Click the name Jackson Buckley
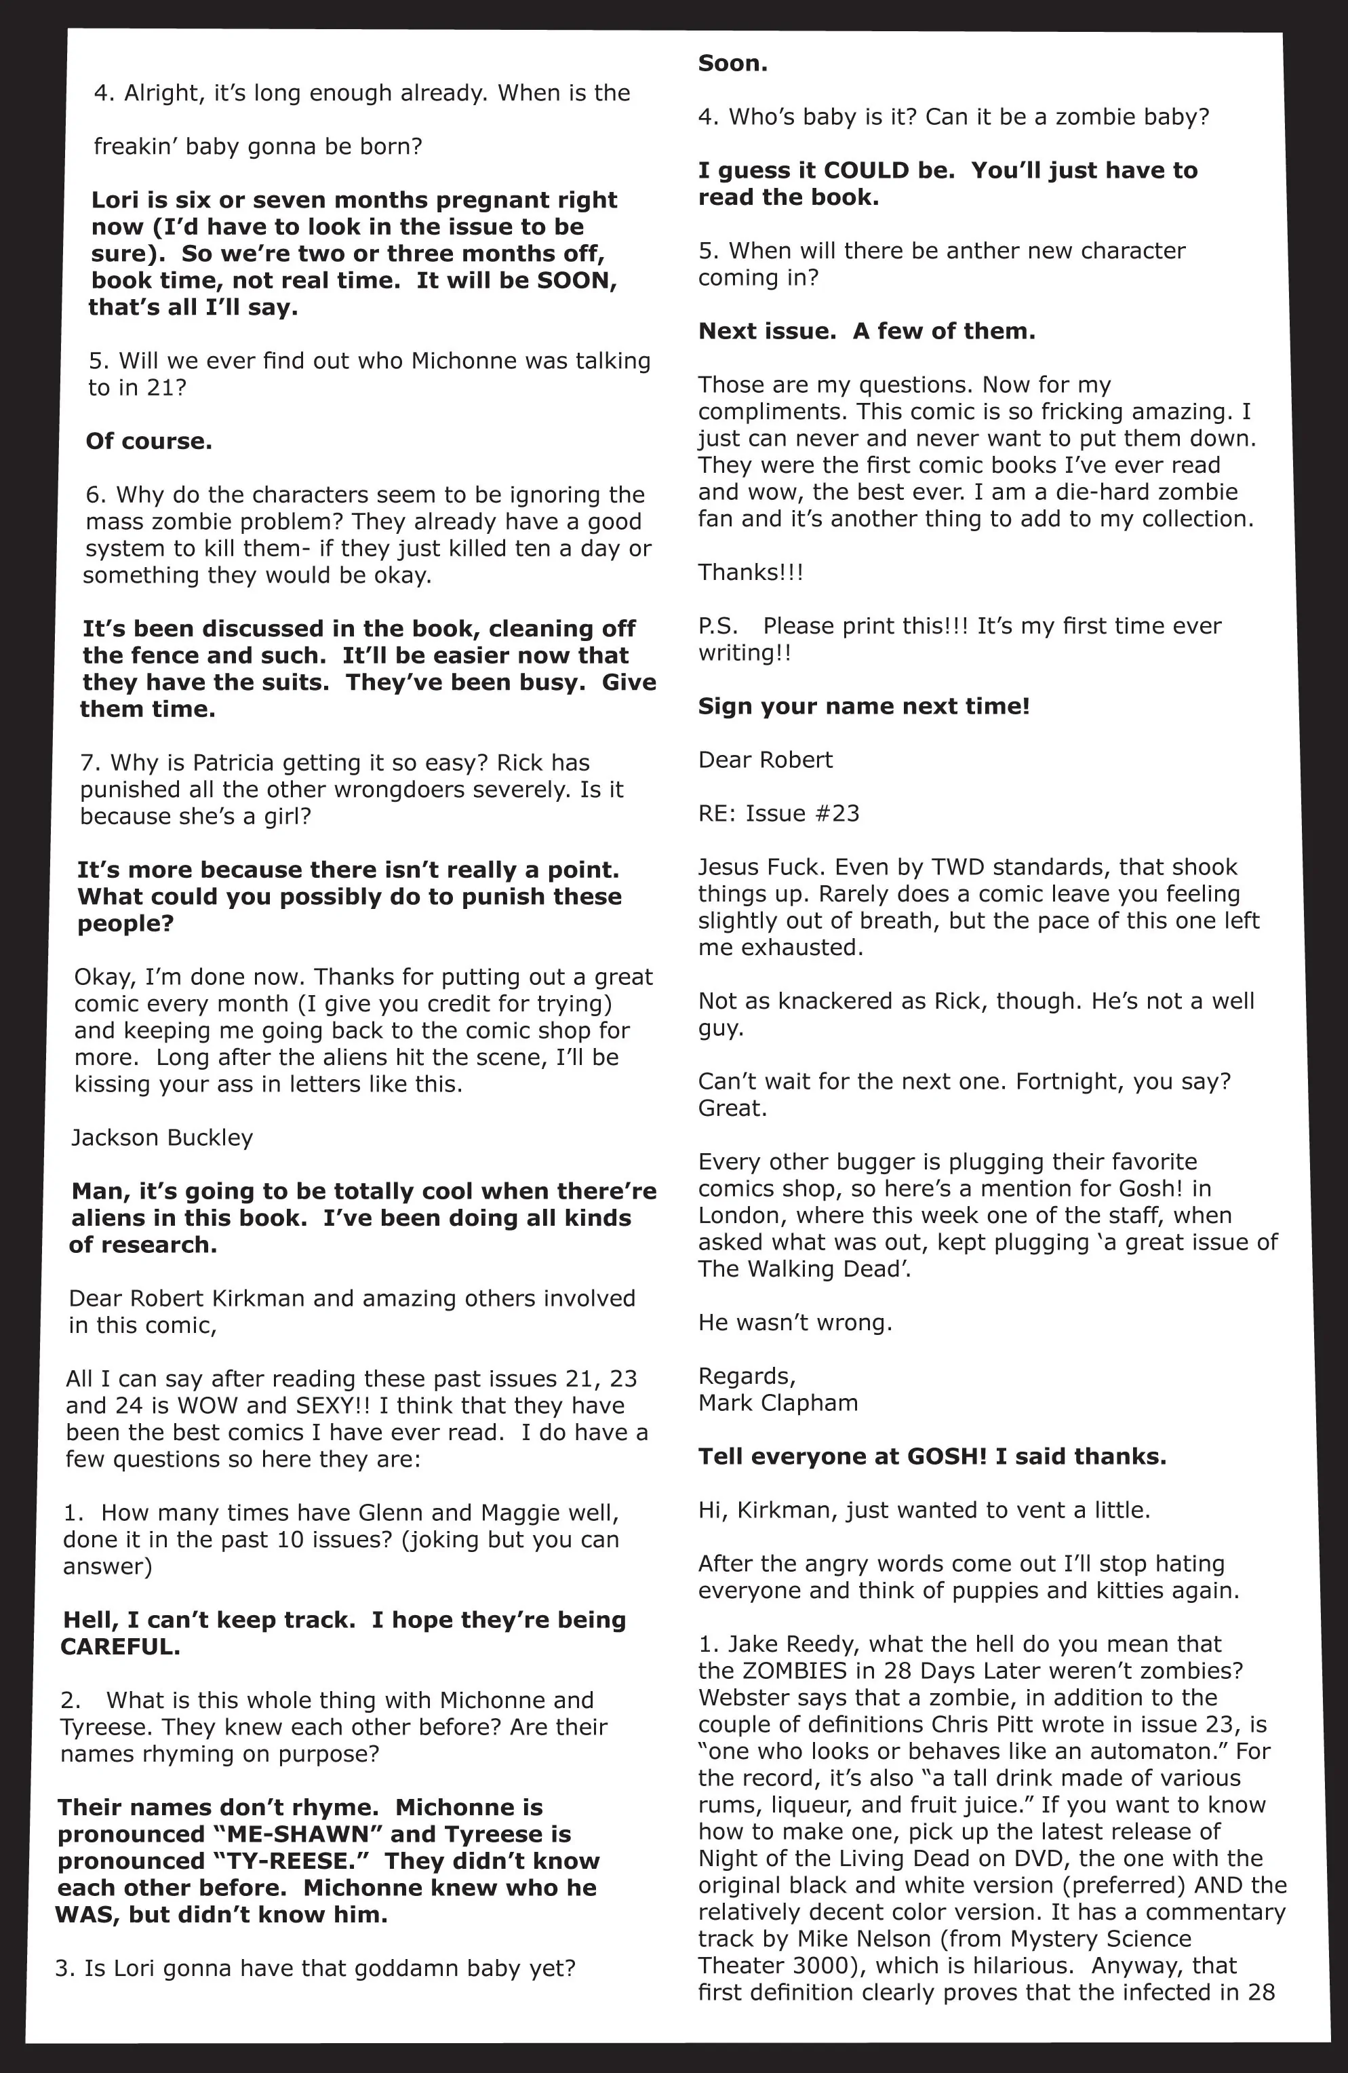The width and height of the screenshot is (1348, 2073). click(x=162, y=1138)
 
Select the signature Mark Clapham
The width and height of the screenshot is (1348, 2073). click(x=778, y=1402)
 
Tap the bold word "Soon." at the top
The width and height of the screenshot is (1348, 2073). click(x=732, y=64)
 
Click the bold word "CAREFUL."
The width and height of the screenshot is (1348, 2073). click(x=120, y=1647)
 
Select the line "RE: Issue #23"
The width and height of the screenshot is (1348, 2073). click(x=778, y=813)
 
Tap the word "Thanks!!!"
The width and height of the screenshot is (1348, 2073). click(x=751, y=573)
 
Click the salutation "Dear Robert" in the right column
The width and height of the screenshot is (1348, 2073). click(x=765, y=760)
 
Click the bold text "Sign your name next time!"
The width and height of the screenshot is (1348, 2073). click(x=864, y=706)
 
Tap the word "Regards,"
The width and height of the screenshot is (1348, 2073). click(x=747, y=1376)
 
